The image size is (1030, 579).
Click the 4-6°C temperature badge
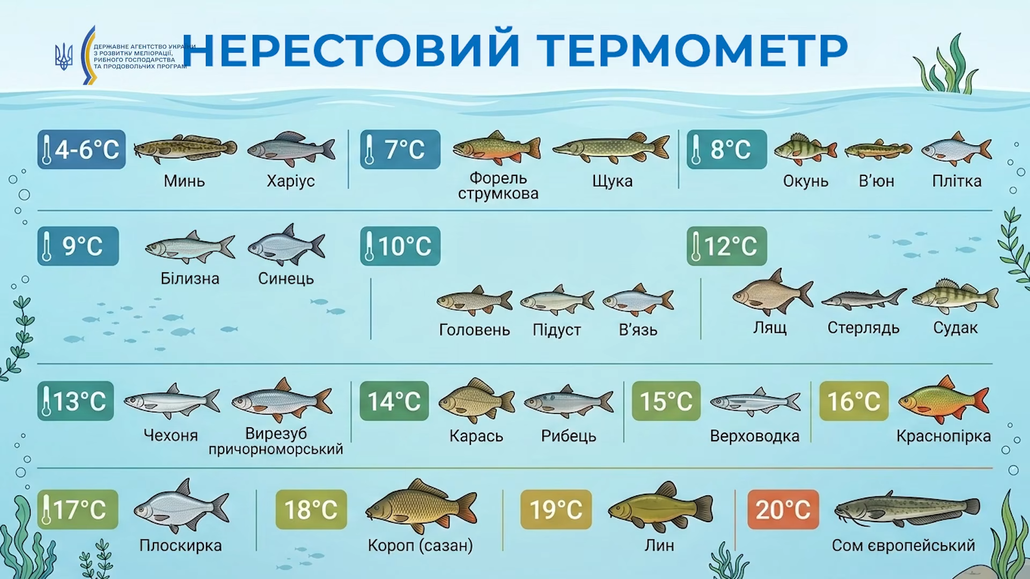(x=82, y=150)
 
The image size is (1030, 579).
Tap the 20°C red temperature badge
(x=783, y=509)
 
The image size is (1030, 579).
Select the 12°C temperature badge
(x=727, y=246)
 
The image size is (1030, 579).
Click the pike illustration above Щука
(x=611, y=147)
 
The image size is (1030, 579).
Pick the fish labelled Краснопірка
(x=943, y=400)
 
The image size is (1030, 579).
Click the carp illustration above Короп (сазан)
(x=421, y=507)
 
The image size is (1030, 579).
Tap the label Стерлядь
(x=863, y=328)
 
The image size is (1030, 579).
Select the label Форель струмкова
(x=498, y=185)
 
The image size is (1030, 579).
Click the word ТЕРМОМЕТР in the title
(x=692, y=50)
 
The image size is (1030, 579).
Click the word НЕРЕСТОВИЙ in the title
(x=351, y=50)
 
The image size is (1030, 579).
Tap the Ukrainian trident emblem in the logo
(x=64, y=56)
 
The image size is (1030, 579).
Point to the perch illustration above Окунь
(x=805, y=149)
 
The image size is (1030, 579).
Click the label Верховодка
(x=754, y=436)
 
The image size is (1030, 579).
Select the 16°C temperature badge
(x=854, y=401)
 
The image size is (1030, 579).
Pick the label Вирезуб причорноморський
(x=276, y=441)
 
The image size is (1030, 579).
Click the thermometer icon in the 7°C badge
(x=369, y=150)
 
